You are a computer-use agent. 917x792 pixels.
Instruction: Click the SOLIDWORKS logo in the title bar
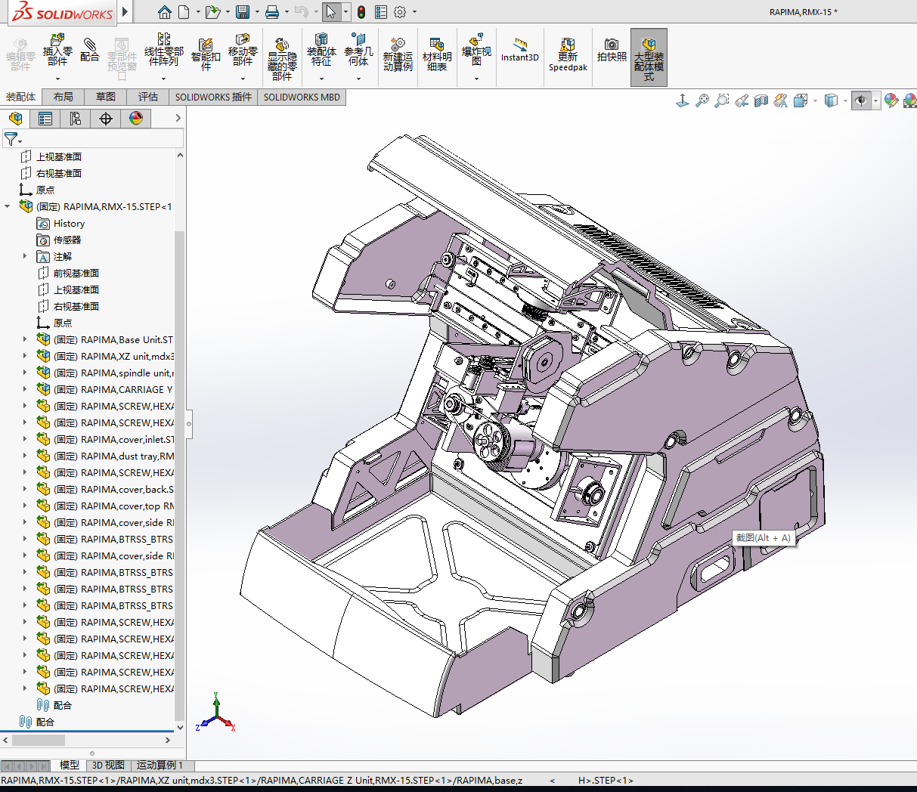[x=62, y=13]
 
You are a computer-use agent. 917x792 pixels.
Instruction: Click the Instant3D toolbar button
[x=519, y=51]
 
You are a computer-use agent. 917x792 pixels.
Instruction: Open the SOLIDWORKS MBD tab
[x=302, y=97]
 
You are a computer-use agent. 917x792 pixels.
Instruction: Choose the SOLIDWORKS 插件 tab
[x=213, y=97]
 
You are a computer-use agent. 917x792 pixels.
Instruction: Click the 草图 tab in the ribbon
[x=106, y=97]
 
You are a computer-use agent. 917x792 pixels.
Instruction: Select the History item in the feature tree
[x=69, y=224]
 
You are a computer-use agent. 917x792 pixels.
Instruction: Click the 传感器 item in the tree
[x=67, y=240]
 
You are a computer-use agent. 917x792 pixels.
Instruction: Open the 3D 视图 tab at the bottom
[x=108, y=766]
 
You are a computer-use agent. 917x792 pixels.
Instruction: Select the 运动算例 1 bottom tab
[x=160, y=766]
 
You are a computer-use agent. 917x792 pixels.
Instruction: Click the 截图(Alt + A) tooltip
[x=763, y=538]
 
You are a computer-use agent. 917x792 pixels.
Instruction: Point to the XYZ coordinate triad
[x=216, y=714]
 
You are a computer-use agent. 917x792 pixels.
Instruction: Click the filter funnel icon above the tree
[x=11, y=139]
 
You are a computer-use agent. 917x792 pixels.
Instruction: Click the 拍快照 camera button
[x=612, y=51]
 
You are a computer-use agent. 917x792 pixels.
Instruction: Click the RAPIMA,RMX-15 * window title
[x=803, y=12]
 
